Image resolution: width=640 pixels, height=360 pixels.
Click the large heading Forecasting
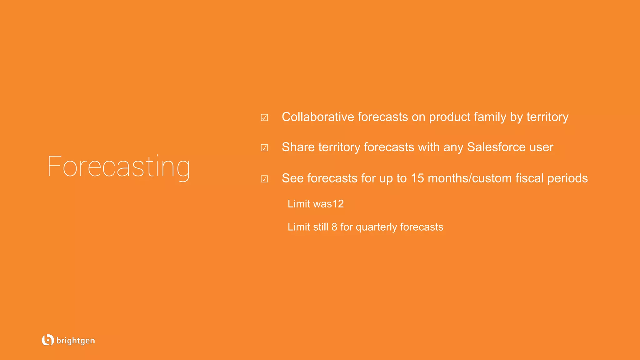[x=118, y=167]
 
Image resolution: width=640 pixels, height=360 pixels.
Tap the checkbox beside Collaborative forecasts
[x=264, y=118]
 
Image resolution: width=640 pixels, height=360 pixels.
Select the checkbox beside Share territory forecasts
[x=264, y=148]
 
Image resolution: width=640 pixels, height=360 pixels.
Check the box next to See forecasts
[x=264, y=179]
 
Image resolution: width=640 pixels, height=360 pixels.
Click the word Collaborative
[x=318, y=117]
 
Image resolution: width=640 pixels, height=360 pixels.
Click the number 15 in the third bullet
[x=417, y=178]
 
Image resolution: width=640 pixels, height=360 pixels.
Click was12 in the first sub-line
[x=328, y=204]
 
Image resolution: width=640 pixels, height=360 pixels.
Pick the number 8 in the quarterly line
[x=334, y=227]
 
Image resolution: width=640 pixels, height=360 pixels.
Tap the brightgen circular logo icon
[x=47, y=340]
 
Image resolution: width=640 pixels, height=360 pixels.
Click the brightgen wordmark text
[x=75, y=341]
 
